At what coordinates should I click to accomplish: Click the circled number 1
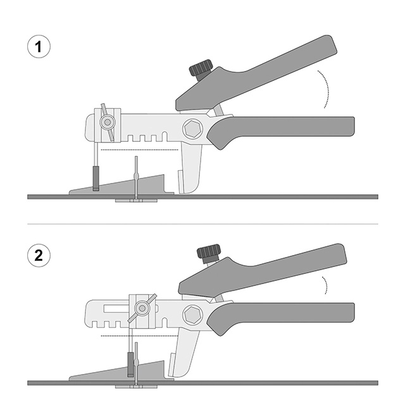(x=39, y=47)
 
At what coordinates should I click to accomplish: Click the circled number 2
(x=39, y=256)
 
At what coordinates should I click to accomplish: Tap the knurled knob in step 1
(x=201, y=67)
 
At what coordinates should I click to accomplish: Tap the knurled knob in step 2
(x=208, y=252)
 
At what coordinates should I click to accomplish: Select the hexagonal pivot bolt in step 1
(x=193, y=128)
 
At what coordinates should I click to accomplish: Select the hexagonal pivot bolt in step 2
(x=193, y=315)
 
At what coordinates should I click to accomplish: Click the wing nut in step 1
(x=108, y=122)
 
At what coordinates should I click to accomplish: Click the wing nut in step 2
(x=142, y=308)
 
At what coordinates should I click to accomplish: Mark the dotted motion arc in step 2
(x=326, y=285)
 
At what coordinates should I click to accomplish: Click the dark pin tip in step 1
(x=96, y=178)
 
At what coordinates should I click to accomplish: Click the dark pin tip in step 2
(x=131, y=364)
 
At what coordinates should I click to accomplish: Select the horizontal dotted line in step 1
(x=139, y=150)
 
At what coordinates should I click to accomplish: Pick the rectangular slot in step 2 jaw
(x=116, y=308)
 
